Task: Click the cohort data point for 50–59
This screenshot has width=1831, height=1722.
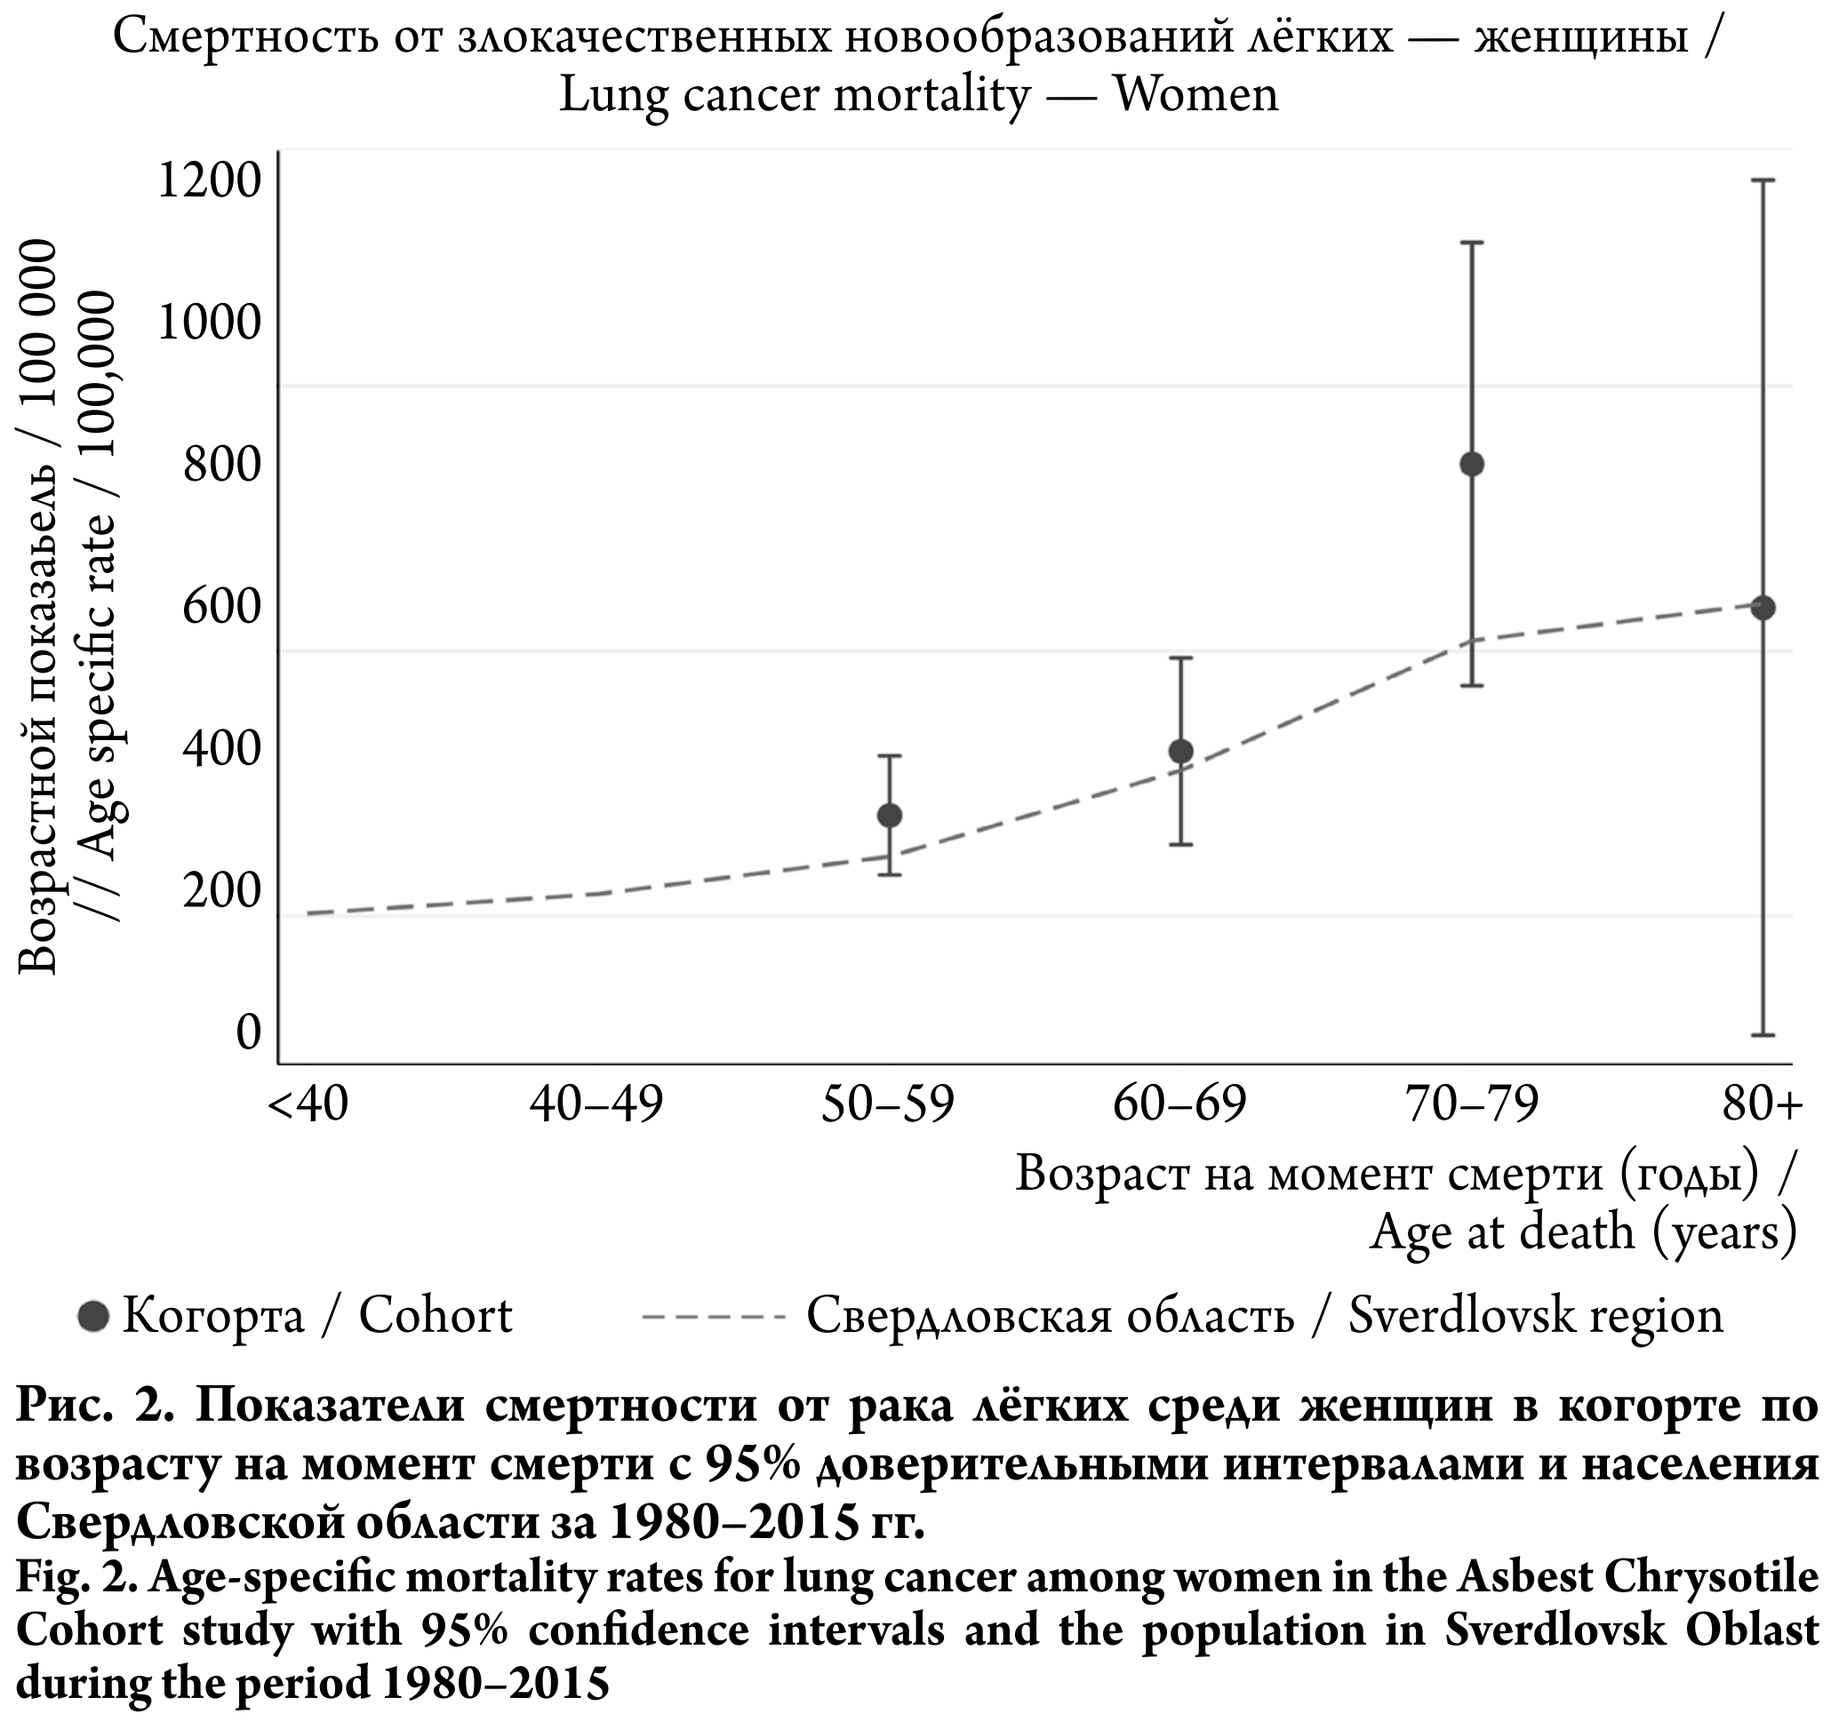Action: pyautogui.click(x=889, y=815)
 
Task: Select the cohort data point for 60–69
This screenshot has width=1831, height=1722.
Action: pyautogui.click(x=1180, y=752)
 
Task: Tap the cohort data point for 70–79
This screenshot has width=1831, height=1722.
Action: pyautogui.click(x=1472, y=463)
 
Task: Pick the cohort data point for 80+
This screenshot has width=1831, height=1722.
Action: pyautogui.click(x=1763, y=607)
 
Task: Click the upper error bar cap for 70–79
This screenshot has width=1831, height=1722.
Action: pyautogui.click(x=1472, y=243)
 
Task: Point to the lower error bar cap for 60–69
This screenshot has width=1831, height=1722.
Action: pyautogui.click(x=1180, y=844)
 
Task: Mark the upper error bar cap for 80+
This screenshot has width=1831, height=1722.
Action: pyautogui.click(x=1763, y=180)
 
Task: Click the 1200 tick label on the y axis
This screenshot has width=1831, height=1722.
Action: pyautogui.click(x=211, y=180)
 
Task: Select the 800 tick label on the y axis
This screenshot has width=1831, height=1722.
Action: pyautogui.click(x=223, y=464)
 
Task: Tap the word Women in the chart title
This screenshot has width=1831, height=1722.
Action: pyautogui.click(x=1195, y=95)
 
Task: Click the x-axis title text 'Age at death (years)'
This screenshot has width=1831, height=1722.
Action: pyautogui.click(x=1582, y=1232)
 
